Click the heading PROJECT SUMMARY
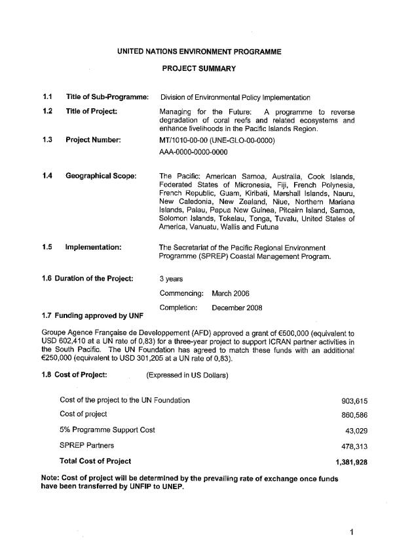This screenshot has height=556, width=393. pyautogui.click(x=198, y=68)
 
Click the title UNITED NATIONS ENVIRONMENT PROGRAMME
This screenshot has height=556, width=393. pyautogui.click(x=199, y=52)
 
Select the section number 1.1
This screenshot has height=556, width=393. pyautogui.click(x=47, y=98)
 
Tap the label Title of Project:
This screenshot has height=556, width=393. pyautogui.click(x=92, y=111)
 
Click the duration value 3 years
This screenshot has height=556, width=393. pyautogui.click(x=171, y=279)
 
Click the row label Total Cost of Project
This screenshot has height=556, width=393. pyautogui.click(x=96, y=461)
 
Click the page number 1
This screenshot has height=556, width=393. pyautogui.click(x=352, y=532)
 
